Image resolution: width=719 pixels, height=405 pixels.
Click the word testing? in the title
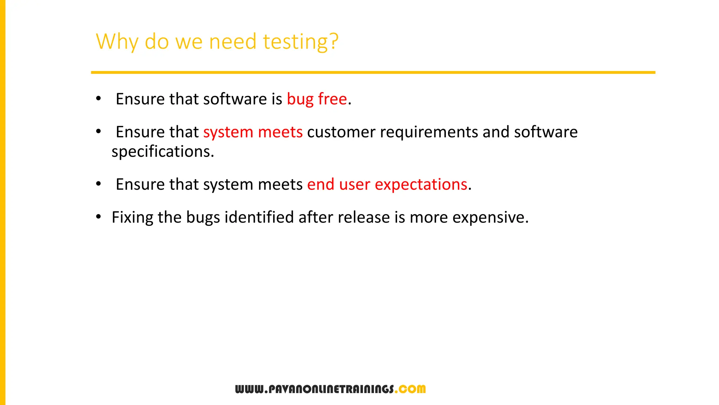point(301,42)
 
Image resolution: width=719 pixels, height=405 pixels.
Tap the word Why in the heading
point(117,42)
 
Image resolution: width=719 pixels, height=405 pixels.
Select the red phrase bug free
point(317,99)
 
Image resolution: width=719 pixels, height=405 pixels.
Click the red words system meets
point(253,133)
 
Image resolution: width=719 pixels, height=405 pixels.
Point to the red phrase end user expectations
point(387,185)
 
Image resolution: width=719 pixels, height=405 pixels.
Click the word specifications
point(163,152)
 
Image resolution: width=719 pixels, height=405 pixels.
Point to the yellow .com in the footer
point(410,389)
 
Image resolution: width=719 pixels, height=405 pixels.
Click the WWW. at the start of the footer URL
point(251,389)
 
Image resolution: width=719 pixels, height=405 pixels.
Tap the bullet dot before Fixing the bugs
point(99,217)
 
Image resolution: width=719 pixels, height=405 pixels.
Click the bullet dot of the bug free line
point(99,99)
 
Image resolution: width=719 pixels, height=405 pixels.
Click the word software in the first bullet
point(235,99)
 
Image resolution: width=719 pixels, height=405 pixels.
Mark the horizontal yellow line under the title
point(373,72)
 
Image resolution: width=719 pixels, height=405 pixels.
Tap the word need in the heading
point(233,42)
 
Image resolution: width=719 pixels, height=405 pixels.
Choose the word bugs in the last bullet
point(203,218)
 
